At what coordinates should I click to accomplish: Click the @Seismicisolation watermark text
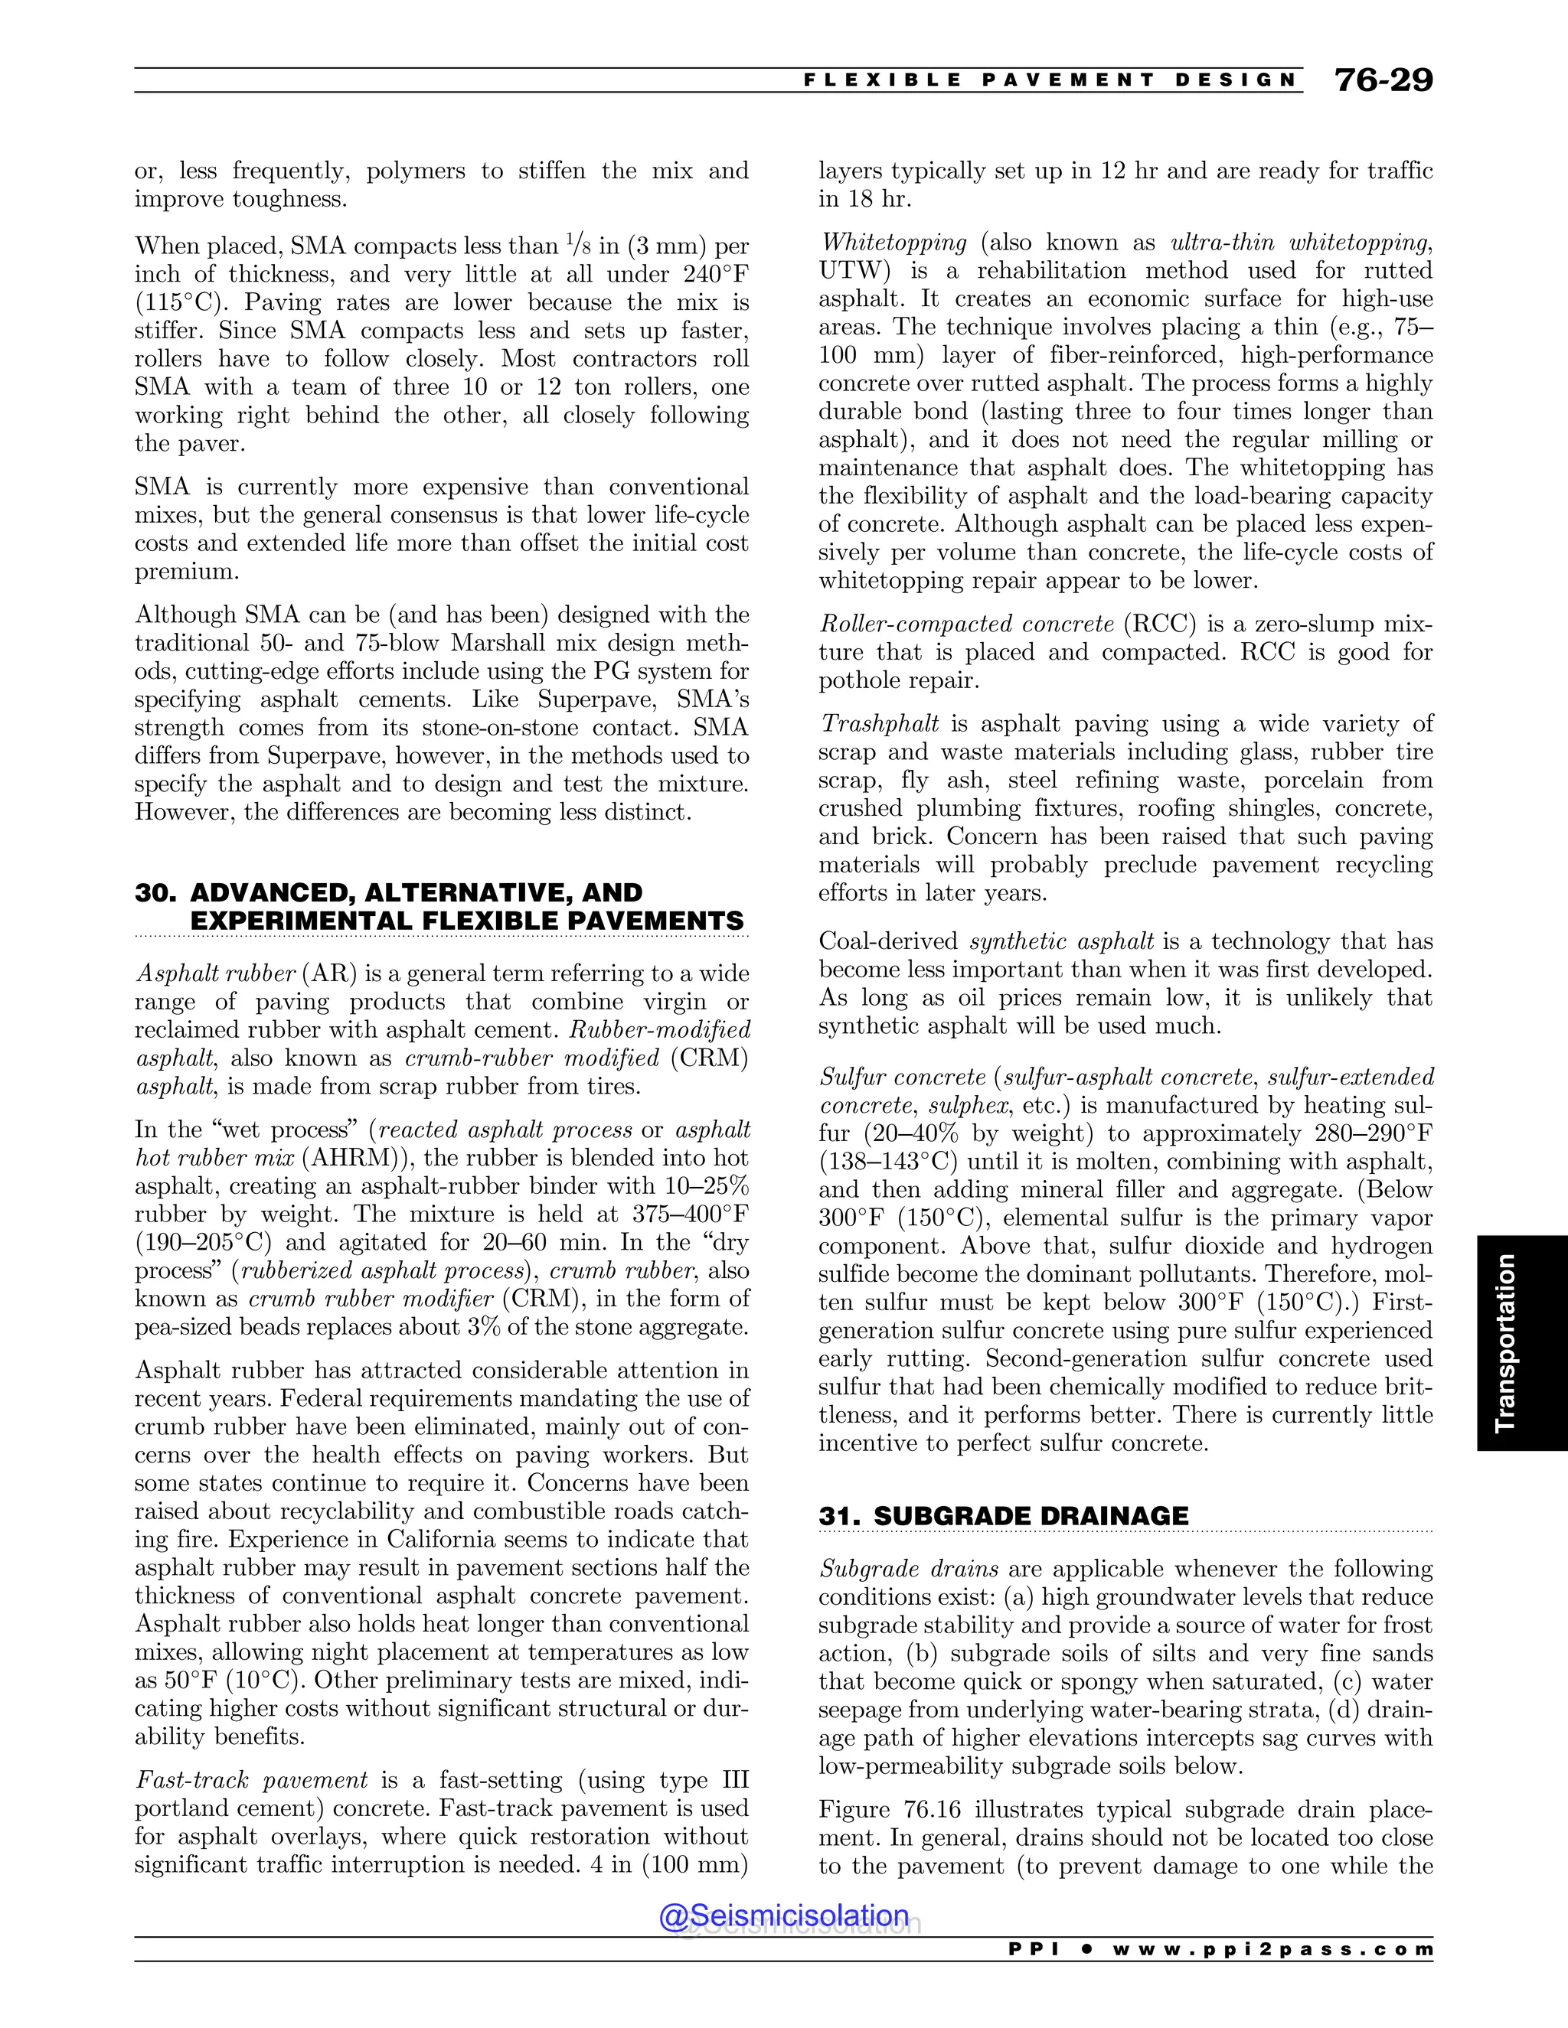click(x=783, y=1916)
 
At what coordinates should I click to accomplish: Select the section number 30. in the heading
click(x=155, y=893)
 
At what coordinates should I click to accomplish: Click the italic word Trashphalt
click(x=879, y=723)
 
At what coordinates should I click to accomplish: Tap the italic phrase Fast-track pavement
click(x=252, y=1780)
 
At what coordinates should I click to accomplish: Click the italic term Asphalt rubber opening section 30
click(x=215, y=973)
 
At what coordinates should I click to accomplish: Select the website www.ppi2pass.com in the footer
click(x=1272, y=1950)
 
